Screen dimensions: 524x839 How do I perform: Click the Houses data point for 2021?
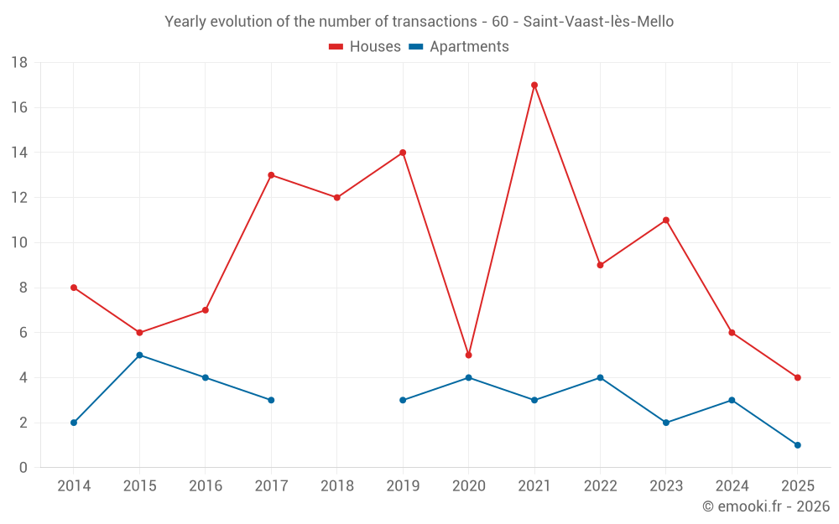pyautogui.click(x=534, y=85)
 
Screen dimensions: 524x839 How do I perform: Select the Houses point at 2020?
pyautogui.click(x=468, y=355)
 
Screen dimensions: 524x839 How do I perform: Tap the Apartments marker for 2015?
pyautogui.click(x=139, y=355)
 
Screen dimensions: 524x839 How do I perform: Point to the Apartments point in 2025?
pyautogui.click(x=797, y=445)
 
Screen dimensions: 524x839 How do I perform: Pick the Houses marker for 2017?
pyautogui.click(x=271, y=175)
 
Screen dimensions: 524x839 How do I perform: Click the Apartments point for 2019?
pyautogui.click(x=403, y=400)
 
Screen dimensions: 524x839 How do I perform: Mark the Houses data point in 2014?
pyautogui.click(x=74, y=288)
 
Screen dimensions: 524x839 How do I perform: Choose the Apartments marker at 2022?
pyautogui.click(x=600, y=377)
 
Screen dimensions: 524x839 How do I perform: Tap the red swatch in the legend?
pyautogui.click(x=336, y=47)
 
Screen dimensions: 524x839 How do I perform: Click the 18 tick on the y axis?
pyautogui.click(x=19, y=63)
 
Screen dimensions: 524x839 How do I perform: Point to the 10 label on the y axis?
pyautogui.click(x=19, y=243)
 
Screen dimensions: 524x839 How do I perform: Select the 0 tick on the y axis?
pyautogui.click(x=23, y=468)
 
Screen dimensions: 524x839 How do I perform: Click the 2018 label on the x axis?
pyautogui.click(x=336, y=486)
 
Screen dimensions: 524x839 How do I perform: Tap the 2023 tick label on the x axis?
pyautogui.click(x=665, y=486)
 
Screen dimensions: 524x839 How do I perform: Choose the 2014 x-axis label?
pyautogui.click(x=74, y=486)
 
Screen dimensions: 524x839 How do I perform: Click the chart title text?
pyautogui.click(x=419, y=22)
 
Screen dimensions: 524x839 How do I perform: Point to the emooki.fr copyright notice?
pyautogui.click(x=765, y=506)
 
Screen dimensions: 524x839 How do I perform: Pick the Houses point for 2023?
pyautogui.click(x=665, y=220)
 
